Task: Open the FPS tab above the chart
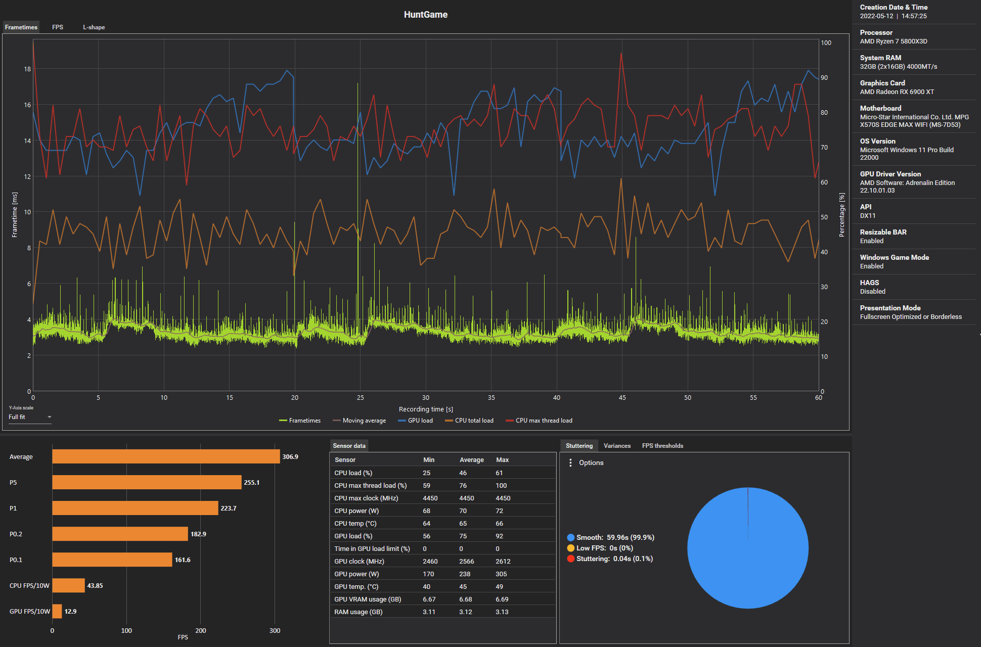click(58, 27)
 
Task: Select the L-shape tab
click(94, 27)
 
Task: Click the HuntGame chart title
click(425, 15)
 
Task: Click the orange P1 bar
click(135, 508)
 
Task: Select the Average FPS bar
click(166, 456)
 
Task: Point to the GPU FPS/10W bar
click(57, 611)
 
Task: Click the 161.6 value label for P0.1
click(183, 560)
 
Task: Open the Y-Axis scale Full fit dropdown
click(30, 417)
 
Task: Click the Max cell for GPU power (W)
click(501, 574)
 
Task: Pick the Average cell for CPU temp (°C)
click(463, 524)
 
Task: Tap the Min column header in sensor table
click(429, 460)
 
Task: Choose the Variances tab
click(617, 446)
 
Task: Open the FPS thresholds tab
click(662, 446)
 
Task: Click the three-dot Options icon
click(570, 463)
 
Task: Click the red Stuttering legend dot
click(571, 559)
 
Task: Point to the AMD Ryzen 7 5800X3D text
click(894, 41)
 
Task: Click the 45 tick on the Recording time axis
click(622, 398)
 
